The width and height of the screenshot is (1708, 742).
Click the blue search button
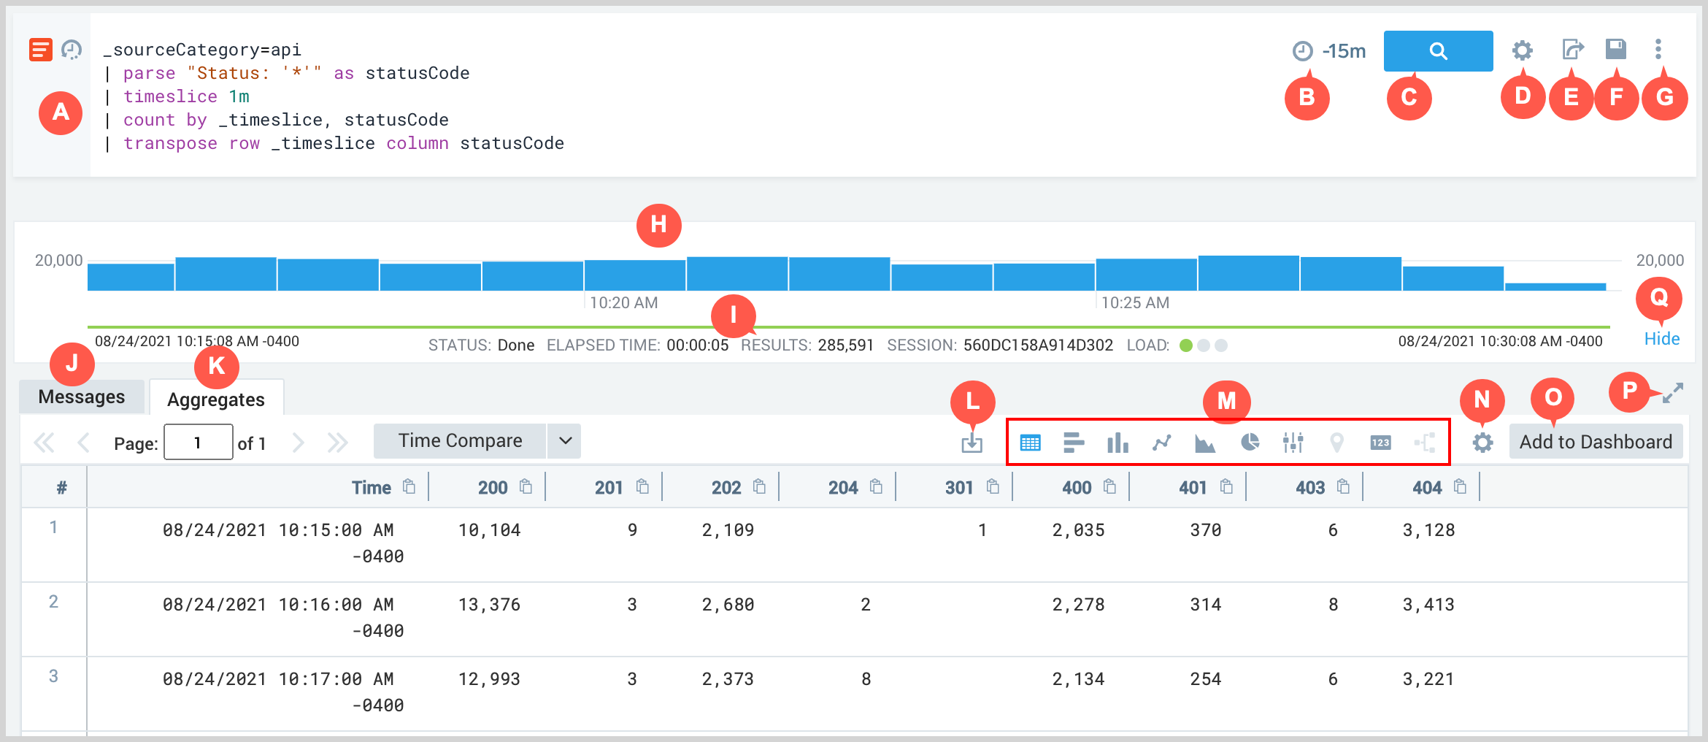pyautogui.click(x=1437, y=51)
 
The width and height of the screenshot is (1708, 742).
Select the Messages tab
pyautogui.click(x=82, y=397)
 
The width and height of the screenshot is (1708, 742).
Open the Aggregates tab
pyautogui.click(x=216, y=399)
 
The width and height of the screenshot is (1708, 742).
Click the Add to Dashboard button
pyautogui.click(x=1596, y=442)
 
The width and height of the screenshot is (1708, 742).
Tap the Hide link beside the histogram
pyautogui.click(x=1661, y=339)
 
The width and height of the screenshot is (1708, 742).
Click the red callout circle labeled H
pyautogui.click(x=658, y=225)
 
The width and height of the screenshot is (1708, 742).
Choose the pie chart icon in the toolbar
pyautogui.click(x=1250, y=443)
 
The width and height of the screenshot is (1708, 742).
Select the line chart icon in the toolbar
pyautogui.click(x=1161, y=443)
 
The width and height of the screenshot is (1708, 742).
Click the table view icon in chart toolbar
pyautogui.click(x=1030, y=443)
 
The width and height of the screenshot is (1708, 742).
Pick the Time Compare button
pyautogui.click(x=460, y=441)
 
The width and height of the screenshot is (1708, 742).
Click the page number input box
pyautogui.click(x=198, y=443)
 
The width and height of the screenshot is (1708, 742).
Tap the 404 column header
pyautogui.click(x=1426, y=488)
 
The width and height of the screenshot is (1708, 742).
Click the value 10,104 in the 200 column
pyautogui.click(x=489, y=530)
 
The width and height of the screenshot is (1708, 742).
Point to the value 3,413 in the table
pyautogui.click(x=1428, y=605)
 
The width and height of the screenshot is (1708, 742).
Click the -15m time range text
pyautogui.click(x=1344, y=51)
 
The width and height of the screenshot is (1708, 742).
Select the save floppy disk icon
pyautogui.click(x=1615, y=50)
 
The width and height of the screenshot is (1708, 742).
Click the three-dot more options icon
pyautogui.click(x=1658, y=50)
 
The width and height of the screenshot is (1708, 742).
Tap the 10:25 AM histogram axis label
pyautogui.click(x=1135, y=303)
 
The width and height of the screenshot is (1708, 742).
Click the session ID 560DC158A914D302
pyautogui.click(x=1038, y=345)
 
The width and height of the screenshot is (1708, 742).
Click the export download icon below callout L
pyautogui.click(x=972, y=443)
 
